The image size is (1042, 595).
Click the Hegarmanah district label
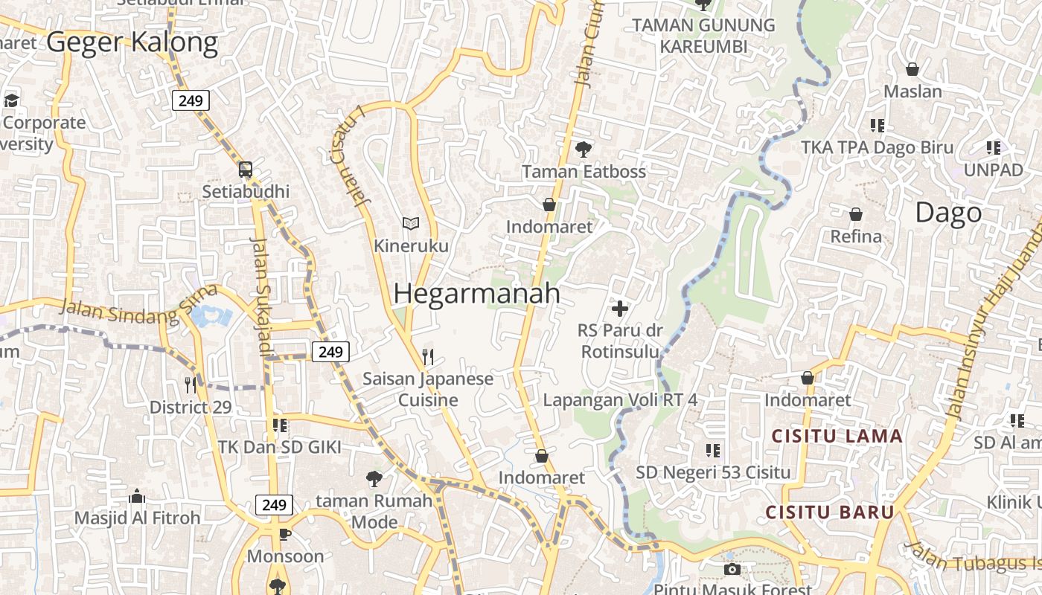(x=476, y=293)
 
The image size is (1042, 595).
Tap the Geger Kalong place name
(x=132, y=42)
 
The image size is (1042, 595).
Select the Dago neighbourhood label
(x=948, y=213)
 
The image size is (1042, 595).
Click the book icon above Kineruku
(x=411, y=222)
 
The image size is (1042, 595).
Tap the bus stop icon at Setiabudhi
(x=246, y=169)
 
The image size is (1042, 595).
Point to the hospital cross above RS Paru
(x=619, y=308)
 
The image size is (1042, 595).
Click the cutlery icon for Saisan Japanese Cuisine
(x=427, y=357)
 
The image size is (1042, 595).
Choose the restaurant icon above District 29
(x=191, y=385)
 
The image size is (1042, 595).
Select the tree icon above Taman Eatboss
(x=584, y=149)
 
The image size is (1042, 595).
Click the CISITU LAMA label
(x=837, y=436)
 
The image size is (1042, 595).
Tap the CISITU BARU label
(x=830, y=512)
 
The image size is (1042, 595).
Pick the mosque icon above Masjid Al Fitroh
(x=137, y=496)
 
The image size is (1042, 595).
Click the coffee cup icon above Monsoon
(x=284, y=534)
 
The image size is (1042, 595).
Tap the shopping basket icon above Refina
(x=856, y=214)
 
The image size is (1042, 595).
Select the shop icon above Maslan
(x=912, y=69)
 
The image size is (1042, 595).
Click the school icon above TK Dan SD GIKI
(x=280, y=425)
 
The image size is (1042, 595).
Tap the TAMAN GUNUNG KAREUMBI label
(x=703, y=35)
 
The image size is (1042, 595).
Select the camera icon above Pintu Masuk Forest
(x=732, y=569)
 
